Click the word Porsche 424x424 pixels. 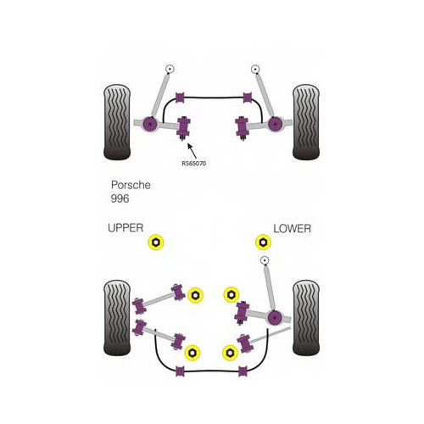tap(131, 185)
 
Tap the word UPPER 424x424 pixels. tap(126, 228)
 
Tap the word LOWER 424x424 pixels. tap(292, 228)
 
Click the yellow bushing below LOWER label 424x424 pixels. tap(263, 244)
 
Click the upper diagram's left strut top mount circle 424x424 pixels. tap(170, 69)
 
